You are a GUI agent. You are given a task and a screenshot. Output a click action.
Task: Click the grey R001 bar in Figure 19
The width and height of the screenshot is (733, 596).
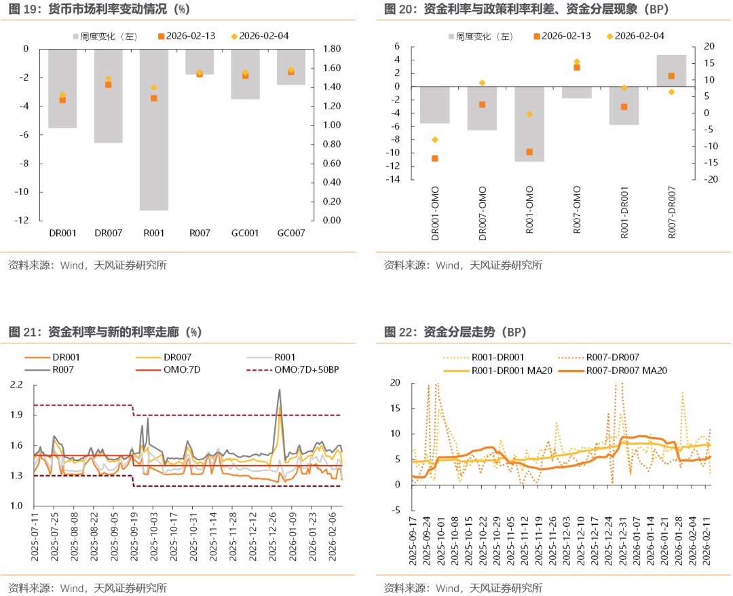(154, 129)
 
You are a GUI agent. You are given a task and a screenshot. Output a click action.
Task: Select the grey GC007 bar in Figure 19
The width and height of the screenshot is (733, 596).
(290, 67)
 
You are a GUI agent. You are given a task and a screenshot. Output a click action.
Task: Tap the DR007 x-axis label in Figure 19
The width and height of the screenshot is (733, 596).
(108, 234)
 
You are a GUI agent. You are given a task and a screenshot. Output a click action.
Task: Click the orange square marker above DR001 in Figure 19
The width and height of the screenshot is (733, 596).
(62, 100)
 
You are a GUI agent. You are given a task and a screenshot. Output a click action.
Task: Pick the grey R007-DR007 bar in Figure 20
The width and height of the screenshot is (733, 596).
(671, 70)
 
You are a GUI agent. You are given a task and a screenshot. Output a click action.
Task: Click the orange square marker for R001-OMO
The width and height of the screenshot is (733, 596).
(529, 152)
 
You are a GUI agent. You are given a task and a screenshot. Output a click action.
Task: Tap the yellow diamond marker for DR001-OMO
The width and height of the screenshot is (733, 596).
(434, 140)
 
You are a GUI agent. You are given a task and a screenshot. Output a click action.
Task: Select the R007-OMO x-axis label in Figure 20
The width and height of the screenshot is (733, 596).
(577, 210)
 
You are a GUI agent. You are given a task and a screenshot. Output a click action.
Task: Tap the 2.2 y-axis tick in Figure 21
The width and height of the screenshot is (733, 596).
(17, 384)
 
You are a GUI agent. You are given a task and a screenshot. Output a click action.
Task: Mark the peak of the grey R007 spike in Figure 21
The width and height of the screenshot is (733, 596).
(280, 390)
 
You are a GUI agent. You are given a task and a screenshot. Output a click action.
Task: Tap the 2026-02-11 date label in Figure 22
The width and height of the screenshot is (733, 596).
(706, 540)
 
